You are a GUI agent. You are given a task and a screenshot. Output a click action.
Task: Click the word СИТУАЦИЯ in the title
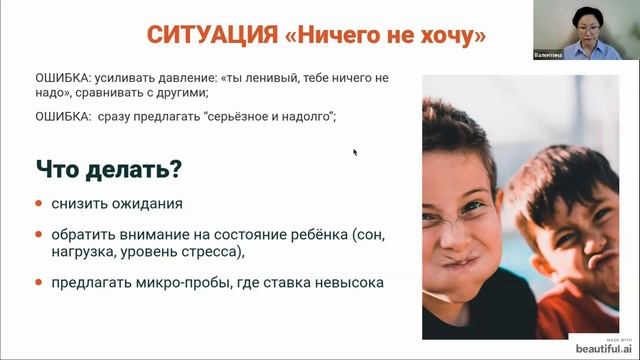[209, 36]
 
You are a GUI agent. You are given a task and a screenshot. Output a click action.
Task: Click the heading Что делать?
[109, 169]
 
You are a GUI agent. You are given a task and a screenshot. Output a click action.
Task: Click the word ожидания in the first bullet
[149, 204]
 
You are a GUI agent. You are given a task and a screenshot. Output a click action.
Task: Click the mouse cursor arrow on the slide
[355, 152]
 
